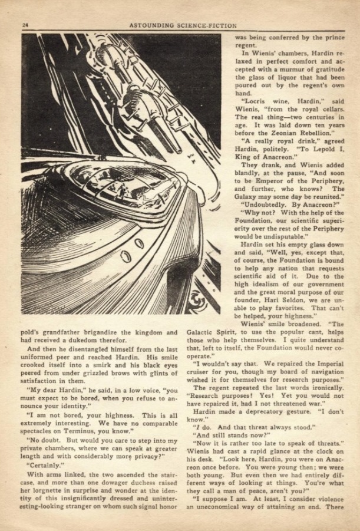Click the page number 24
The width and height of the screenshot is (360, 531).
tap(25, 25)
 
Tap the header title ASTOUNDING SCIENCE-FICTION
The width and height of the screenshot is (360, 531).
tap(183, 25)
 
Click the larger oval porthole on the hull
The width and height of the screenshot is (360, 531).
tap(125, 257)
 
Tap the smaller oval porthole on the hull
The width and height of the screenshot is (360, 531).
tap(139, 243)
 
